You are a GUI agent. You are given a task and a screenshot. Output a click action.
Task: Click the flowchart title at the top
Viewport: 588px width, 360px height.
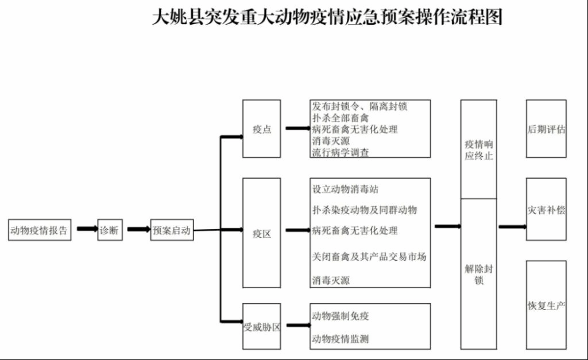click(327, 17)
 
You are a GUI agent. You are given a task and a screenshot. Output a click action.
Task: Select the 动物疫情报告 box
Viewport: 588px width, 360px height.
click(40, 230)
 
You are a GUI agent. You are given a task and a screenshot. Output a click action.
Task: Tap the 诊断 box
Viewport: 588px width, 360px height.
click(109, 230)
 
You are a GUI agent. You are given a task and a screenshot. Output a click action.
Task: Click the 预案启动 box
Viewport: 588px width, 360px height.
click(172, 230)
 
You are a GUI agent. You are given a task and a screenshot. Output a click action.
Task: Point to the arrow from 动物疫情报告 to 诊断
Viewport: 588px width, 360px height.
click(87, 229)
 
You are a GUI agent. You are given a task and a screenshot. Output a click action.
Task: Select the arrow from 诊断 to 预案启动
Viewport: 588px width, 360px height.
click(138, 229)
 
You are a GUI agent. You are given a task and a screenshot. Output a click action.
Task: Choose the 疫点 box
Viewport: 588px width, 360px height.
click(262, 129)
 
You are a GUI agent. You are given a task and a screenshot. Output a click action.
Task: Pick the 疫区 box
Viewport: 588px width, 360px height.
click(262, 233)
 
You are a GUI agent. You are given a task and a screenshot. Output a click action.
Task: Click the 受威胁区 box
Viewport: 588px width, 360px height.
click(262, 327)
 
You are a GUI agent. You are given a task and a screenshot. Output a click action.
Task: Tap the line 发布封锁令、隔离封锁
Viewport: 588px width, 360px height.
click(359, 106)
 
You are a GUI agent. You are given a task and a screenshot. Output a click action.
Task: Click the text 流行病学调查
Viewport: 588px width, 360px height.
click(341, 153)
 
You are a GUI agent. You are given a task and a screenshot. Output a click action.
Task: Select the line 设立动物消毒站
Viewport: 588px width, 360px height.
click(345, 189)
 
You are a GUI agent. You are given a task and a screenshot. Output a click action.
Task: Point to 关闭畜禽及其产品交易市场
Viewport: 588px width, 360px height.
click(369, 256)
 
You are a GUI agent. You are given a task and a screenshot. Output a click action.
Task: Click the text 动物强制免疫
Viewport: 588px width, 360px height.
click(341, 316)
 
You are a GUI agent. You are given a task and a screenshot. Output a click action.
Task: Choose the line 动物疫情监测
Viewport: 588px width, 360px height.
click(341, 339)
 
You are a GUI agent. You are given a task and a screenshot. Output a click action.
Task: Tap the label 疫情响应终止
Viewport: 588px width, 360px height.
click(478, 150)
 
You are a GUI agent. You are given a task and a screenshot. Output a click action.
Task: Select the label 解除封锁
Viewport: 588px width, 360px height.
click(478, 274)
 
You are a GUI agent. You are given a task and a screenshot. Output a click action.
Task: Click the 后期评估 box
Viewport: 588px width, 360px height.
click(546, 129)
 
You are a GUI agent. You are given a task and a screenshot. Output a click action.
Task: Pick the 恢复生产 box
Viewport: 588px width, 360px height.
click(546, 305)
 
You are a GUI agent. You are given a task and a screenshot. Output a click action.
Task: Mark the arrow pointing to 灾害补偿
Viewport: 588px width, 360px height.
click(512, 226)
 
